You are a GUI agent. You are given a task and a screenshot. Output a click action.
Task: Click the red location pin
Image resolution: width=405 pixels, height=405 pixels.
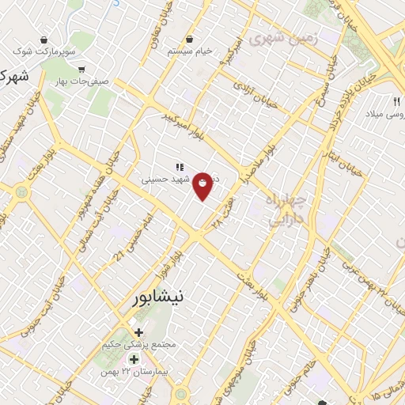203,185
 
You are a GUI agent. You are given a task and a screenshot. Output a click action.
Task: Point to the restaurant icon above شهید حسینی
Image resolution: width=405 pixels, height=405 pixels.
180,167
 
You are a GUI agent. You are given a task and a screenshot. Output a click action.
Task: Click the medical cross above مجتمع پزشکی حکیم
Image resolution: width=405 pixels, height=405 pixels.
139,331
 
